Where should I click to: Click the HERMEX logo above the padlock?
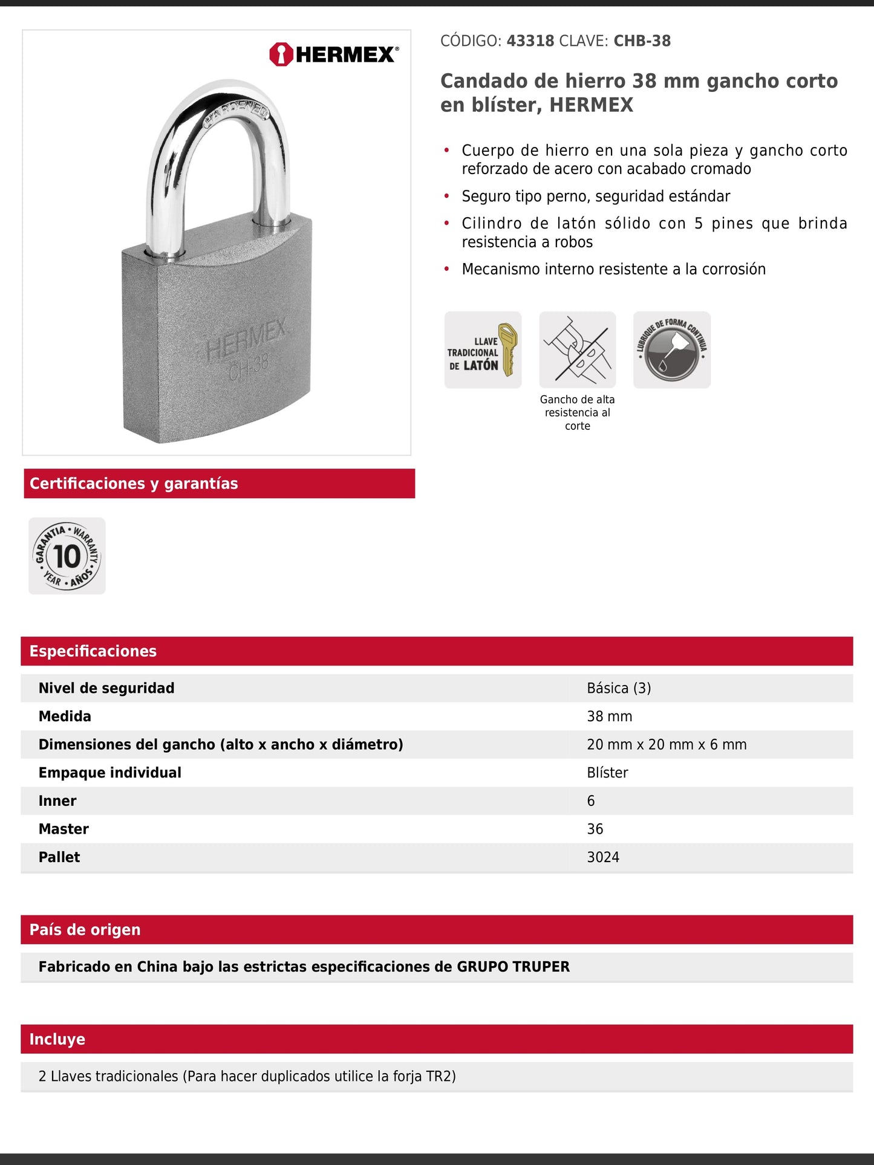pos(334,54)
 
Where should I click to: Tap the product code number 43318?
pos(530,41)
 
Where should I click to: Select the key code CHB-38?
pos(642,41)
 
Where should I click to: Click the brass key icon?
pos(507,349)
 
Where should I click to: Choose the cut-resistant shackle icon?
pos(577,349)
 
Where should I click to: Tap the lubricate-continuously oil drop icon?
pos(671,350)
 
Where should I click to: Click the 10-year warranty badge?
pos(67,556)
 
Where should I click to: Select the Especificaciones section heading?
pos(93,651)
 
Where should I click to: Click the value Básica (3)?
pos(619,688)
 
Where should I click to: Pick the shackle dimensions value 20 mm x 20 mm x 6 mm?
pos(667,744)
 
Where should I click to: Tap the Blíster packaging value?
pos(607,773)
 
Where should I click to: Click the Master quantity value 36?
pos(595,829)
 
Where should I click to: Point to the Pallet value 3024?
pos(603,857)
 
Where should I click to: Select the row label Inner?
pos(57,801)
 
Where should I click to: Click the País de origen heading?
pos(85,930)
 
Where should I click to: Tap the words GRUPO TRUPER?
pos(513,967)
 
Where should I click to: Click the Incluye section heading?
pos(57,1039)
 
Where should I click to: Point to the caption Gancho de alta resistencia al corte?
pos(577,412)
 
